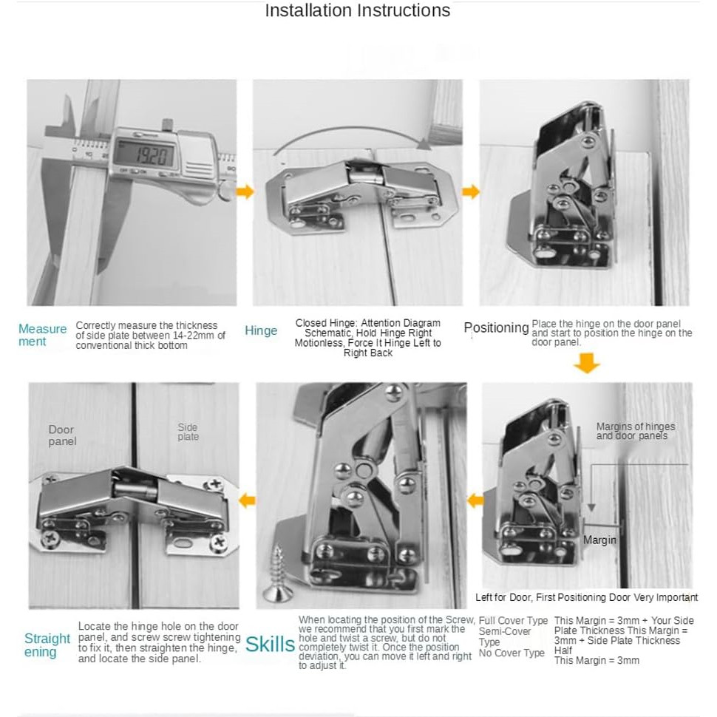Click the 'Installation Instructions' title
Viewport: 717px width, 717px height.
[357, 10]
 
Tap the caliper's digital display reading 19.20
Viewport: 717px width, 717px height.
[149, 154]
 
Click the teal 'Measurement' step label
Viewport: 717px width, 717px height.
[42, 335]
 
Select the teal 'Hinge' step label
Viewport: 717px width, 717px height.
[261, 330]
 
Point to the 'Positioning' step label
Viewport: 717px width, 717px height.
[496, 327]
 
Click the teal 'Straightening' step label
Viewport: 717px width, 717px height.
[47, 645]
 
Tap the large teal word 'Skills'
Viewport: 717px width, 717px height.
[270, 645]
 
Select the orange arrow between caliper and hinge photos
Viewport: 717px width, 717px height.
[245, 192]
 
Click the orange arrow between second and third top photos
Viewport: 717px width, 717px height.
[470, 192]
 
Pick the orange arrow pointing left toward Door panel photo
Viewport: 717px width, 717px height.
[247, 500]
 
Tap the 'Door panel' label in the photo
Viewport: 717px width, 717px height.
[62, 435]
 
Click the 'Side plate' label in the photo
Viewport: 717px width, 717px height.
[188, 432]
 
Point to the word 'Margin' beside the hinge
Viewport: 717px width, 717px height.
[599, 540]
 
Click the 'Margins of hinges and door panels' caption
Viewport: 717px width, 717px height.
[635, 432]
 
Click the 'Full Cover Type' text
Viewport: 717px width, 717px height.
[513, 621]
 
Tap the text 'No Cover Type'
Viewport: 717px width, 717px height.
[512, 653]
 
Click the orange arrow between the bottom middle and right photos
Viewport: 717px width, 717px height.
[475, 500]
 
